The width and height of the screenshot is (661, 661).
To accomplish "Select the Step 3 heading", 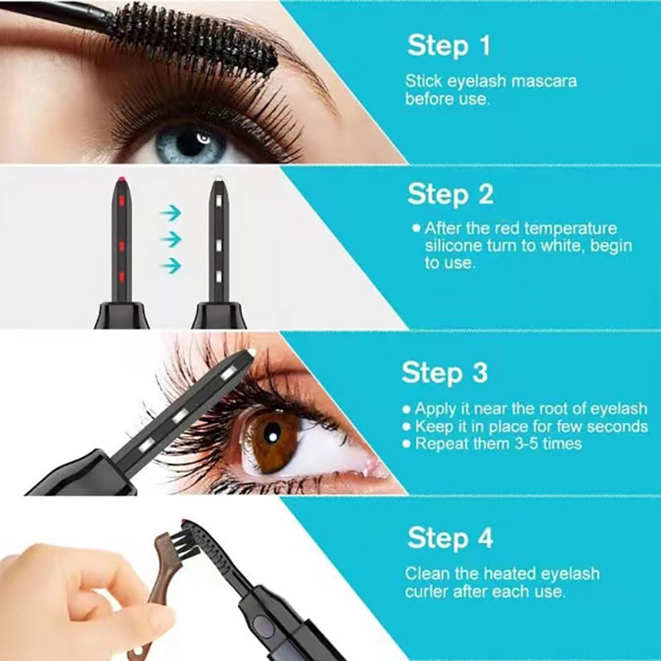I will [445, 372].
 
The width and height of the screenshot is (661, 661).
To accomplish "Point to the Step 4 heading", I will [450, 538].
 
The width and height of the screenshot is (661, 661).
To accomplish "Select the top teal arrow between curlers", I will [170, 212].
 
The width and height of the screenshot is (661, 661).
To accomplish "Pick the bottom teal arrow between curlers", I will [170, 265].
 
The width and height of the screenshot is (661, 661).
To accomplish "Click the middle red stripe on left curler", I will [121, 245].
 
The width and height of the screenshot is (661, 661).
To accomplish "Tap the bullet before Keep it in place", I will [406, 427].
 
